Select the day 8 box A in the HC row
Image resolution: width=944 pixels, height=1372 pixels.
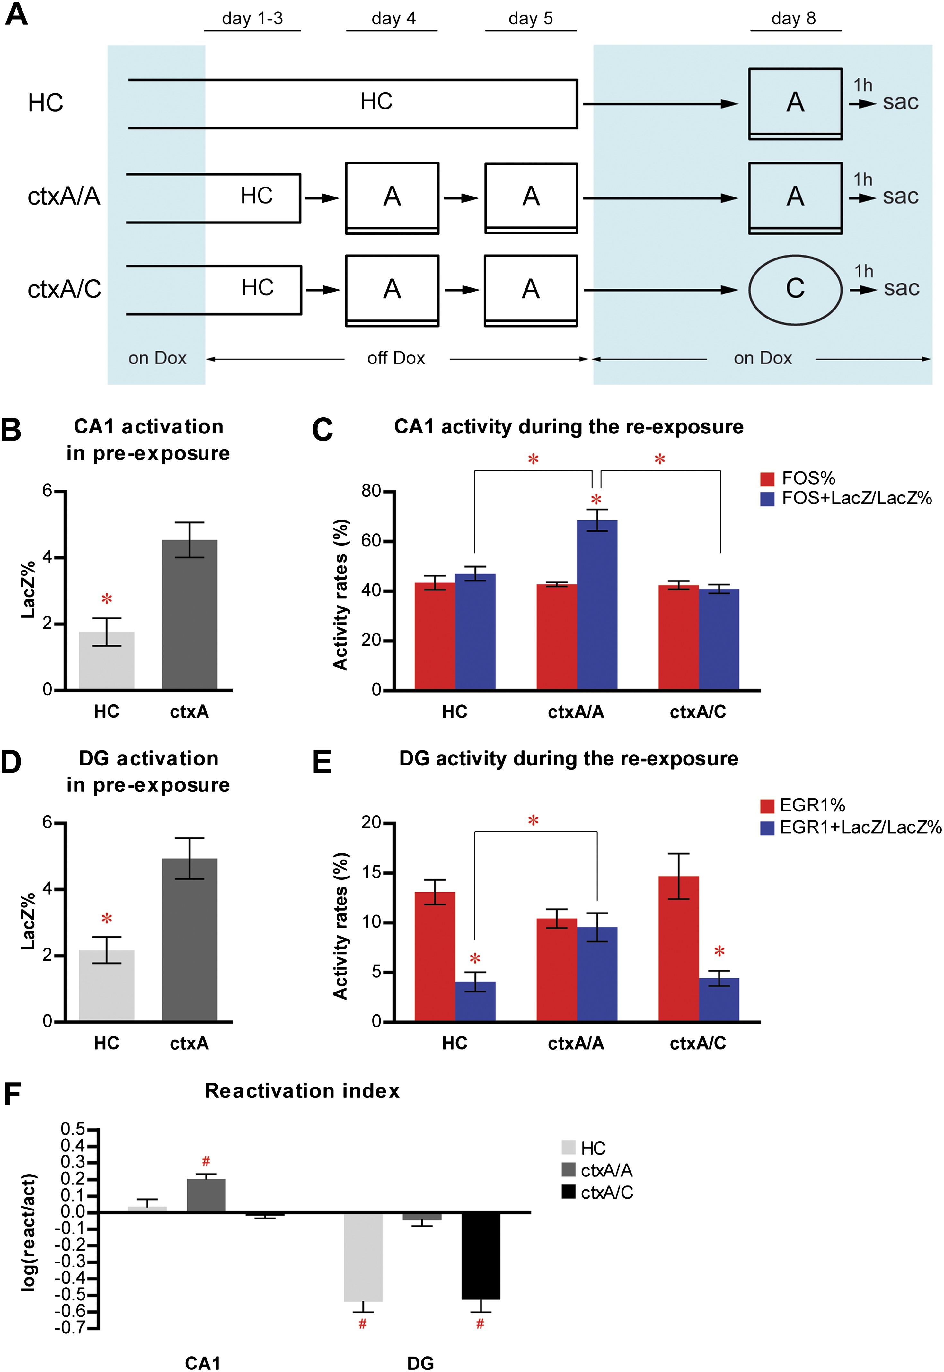pyautogui.click(x=795, y=102)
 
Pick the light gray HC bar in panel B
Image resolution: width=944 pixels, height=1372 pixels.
pyautogui.click(x=106, y=660)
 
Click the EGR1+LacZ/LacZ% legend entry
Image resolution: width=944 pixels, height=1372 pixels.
pyautogui.click(x=851, y=827)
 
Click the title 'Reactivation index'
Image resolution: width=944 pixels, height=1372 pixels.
pyautogui.click(x=302, y=1091)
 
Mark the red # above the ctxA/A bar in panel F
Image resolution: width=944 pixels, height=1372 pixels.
pyautogui.click(x=206, y=1162)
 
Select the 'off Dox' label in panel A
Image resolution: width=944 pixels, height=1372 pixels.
pyautogui.click(x=396, y=358)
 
